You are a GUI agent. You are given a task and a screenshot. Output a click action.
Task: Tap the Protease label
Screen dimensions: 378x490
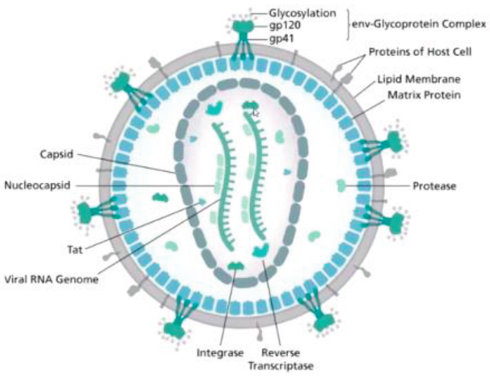point(434,186)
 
